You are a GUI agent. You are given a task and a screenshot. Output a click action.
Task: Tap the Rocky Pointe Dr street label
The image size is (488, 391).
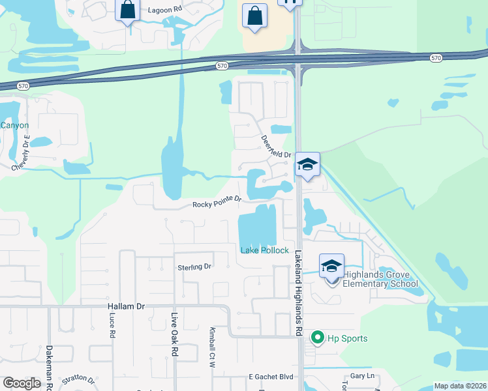click(x=217, y=204)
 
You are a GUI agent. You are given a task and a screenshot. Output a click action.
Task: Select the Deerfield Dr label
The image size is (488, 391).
click(x=276, y=147)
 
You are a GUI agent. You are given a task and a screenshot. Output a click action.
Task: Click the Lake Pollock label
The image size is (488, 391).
click(x=264, y=250)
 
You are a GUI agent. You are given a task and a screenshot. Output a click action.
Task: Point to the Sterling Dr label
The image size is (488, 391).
click(x=194, y=267)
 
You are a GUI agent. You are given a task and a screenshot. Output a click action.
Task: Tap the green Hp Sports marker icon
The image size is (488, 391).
click(x=318, y=338)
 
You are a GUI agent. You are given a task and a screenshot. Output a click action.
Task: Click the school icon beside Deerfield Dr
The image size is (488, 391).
click(x=307, y=165)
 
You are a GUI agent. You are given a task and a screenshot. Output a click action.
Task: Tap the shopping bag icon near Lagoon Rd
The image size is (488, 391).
click(x=127, y=11)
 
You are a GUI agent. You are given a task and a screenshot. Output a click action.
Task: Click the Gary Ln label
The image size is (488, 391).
click(x=361, y=376)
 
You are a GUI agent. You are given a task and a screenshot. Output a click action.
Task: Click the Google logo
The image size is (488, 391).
click(x=22, y=383)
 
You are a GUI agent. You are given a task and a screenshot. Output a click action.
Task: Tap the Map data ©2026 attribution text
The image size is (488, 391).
click(x=460, y=386)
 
